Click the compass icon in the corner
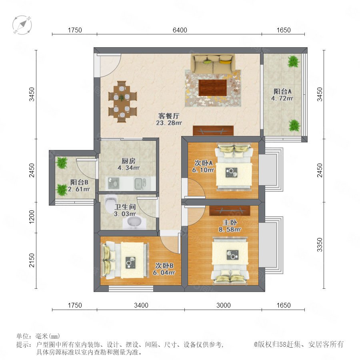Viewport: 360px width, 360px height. coord(22,25)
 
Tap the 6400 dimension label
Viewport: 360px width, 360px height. coord(180,30)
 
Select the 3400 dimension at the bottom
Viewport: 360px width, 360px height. coord(141,305)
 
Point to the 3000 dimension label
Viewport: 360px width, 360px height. coord(223,305)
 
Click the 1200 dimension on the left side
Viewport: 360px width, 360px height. coord(32,217)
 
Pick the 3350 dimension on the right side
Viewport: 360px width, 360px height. coord(320,245)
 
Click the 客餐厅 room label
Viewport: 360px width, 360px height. coord(169,116)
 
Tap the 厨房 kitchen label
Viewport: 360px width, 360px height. coord(128,161)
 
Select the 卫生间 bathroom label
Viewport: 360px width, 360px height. coord(125,207)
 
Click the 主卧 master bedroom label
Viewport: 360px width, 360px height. coord(230,222)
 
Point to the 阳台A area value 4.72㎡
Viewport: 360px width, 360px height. coord(282,98)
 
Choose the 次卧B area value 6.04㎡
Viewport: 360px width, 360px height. coord(164,272)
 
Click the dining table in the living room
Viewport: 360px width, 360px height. coord(122,102)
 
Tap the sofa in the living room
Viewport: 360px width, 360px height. coord(213,64)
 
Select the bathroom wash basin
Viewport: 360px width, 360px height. coord(134,222)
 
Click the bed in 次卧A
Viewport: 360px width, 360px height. coord(234,167)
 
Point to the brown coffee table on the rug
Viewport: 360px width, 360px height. coord(213,88)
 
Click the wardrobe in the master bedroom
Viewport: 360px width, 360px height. coord(230,210)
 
